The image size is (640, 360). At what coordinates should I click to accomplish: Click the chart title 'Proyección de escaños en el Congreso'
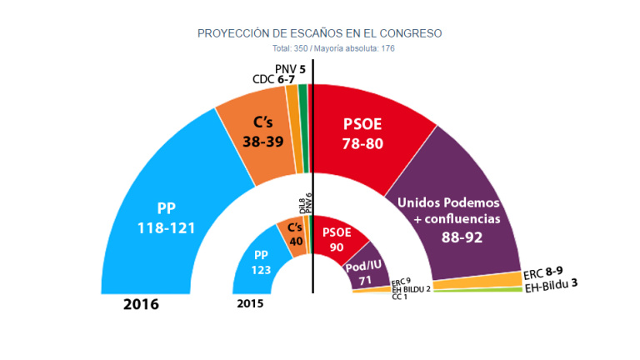point(319,33)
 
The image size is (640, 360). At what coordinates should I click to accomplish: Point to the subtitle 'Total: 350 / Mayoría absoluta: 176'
point(320,48)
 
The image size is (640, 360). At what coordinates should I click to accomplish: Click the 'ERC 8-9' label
point(548,272)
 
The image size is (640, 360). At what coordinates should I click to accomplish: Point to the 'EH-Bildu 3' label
point(552,285)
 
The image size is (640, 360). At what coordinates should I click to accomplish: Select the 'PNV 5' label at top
point(289,68)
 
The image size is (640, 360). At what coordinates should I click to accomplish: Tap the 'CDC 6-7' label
point(273,79)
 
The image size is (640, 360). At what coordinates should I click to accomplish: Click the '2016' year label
point(141,304)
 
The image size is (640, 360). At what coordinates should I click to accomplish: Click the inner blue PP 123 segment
point(262,262)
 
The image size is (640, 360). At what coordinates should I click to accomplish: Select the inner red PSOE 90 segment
point(337,237)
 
